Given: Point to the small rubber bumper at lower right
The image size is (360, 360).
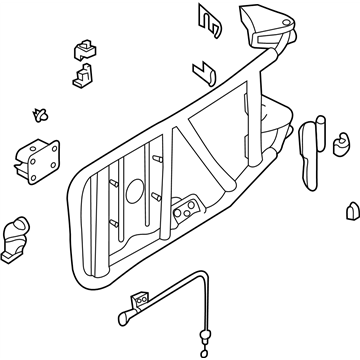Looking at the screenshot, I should [351, 213].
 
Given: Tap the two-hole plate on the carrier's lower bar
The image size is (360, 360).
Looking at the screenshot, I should [185, 211].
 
